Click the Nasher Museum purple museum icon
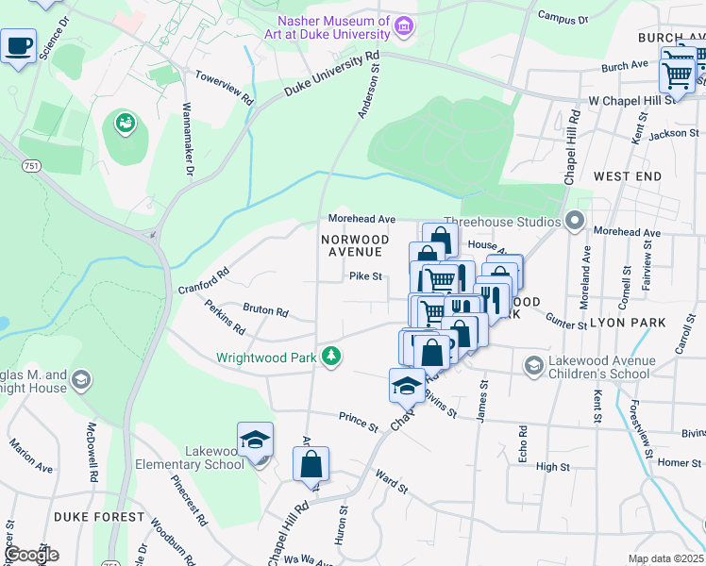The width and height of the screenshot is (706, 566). click(x=405, y=25)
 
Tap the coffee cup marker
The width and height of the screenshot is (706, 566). click(x=18, y=45)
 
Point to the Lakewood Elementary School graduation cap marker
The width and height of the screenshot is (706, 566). click(x=255, y=441)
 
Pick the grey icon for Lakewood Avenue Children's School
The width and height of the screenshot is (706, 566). click(x=533, y=366)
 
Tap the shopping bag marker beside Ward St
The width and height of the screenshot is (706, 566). click(x=311, y=464)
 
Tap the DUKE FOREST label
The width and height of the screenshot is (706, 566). click(x=99, y=517)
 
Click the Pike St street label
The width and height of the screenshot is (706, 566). click(x=365, y=276)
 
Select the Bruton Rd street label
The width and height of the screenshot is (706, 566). click(x=265, y=309)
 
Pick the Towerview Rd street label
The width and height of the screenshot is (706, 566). click(x=225, y=87)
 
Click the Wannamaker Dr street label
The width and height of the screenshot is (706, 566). click(x=187, y=141)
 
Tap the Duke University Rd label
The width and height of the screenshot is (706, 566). click(x=331, y=75)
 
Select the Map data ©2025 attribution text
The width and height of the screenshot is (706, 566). click(x=665, y=558)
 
